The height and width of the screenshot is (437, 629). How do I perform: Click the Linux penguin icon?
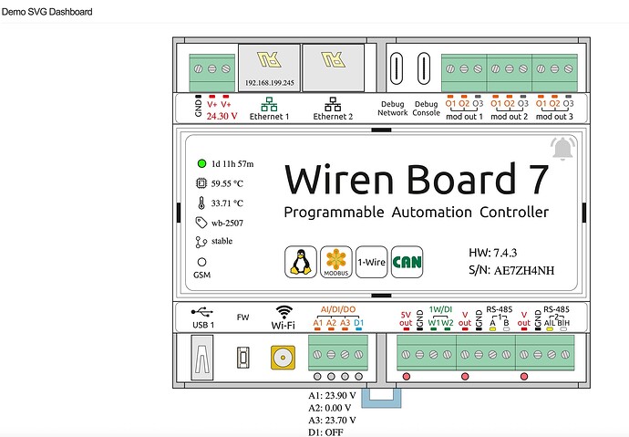(x=297, y=262)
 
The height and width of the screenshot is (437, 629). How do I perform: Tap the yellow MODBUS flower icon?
(x=335, y=262)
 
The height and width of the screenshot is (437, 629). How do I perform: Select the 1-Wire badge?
(x=370, y=262)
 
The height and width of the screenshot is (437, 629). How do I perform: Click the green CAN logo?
(x=404, y=262)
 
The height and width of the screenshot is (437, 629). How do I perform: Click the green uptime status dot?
(x=201, y=164)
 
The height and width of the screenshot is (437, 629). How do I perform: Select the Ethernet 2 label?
(x=333, y=117)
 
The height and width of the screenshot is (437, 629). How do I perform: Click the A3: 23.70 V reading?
(x=332, y=420)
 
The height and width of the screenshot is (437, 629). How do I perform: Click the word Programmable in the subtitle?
(x=335, y=213)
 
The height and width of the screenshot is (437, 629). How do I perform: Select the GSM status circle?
(x=201, y=261)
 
